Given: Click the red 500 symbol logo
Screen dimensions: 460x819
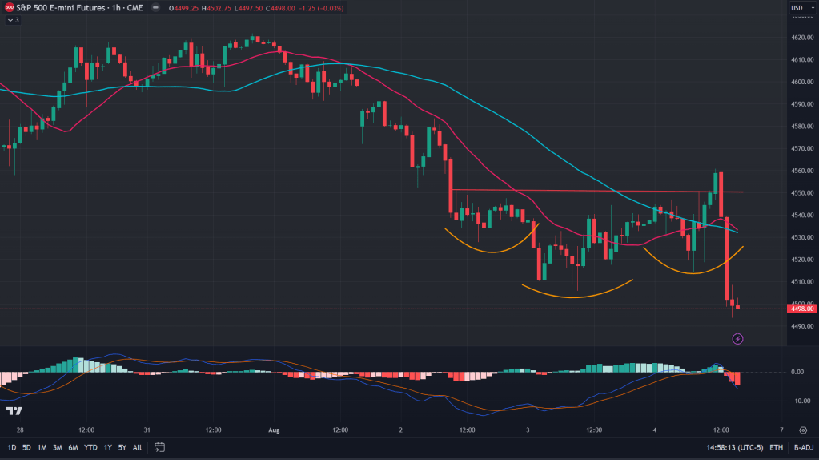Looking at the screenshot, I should pyautogui.click(x=9, y=7).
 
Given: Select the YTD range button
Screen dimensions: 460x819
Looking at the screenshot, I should pyautogui.click(x=90, y=447).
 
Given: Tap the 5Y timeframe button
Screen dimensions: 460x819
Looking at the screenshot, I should pyautogui.click(x=122, y=447).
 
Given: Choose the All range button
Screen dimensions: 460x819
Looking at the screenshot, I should pyautogui.click(x=138, y=447).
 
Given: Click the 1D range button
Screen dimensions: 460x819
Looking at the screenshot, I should pyautogui.click(x=12, y=447).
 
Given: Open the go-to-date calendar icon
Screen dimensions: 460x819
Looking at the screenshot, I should pyautogui.click(x=160, y=447).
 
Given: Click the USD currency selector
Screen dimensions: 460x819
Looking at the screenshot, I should pyautogui.click(x=797, y=8).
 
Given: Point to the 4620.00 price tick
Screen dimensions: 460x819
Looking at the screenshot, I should pyautogui.click(x=802, y=38).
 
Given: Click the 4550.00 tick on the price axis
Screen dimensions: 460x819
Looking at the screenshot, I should pyautogui.click(x=802, y=193).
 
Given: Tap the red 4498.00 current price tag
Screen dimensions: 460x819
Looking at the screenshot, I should pyautogui.click(x=801, y=309).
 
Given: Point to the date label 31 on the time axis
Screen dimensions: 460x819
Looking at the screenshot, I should pyautogui.click(x=147, y=430).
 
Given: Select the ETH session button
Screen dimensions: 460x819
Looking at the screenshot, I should pyautogui.click(x=777, y=447).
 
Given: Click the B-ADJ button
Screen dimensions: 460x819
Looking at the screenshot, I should pyautogui.click(x=803, y=447).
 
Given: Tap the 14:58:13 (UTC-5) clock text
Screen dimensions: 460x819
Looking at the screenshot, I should pyautogui.click(x=734, y=447).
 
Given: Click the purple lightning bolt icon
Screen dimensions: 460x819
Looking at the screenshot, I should pyautogui.click(x=738, y=339).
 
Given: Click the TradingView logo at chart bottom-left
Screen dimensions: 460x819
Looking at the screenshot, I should pyautogui.click(x=14, y=411).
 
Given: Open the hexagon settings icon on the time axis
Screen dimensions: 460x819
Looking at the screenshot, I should pyautogui.click(x=802, y=430).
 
